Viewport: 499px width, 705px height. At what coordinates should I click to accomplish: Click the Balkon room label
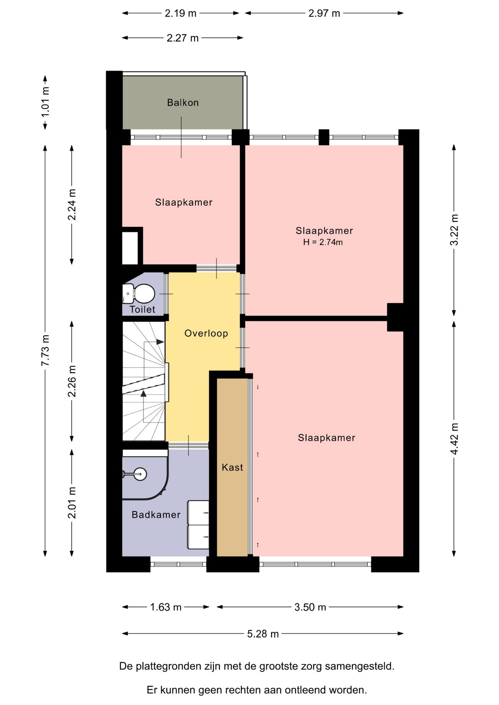click(183, 102)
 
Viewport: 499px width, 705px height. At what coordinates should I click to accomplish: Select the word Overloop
click(206, 333)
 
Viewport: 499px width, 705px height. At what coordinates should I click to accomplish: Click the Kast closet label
click(232, 467)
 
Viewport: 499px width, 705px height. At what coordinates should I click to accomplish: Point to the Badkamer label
click(156, 515)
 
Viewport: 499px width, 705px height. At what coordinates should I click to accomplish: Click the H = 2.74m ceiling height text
click(323, 242)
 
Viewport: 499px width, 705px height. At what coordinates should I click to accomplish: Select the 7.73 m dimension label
click(45, 350)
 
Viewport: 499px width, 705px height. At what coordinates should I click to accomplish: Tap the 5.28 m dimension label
click(263, 634)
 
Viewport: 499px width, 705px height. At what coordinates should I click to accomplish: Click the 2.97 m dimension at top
click(324, 14)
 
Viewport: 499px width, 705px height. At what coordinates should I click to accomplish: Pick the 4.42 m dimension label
click(455, 438)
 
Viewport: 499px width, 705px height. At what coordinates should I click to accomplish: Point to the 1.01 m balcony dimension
click(45, 102)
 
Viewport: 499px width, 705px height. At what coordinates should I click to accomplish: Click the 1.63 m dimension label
click(166, 607)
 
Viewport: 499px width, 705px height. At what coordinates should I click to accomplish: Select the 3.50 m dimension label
click(310, 607)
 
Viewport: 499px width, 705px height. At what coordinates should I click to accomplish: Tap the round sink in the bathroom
click(140, 474)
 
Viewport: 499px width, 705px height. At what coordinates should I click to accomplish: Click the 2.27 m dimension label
click(183, 38)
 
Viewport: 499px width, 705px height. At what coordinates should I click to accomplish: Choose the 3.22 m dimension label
click(455, 230)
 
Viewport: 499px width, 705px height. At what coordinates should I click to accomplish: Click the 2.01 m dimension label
click(72, 503)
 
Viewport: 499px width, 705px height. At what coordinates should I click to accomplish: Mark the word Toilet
click(142, 310)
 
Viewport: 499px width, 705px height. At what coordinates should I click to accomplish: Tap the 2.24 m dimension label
click(72, 205)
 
